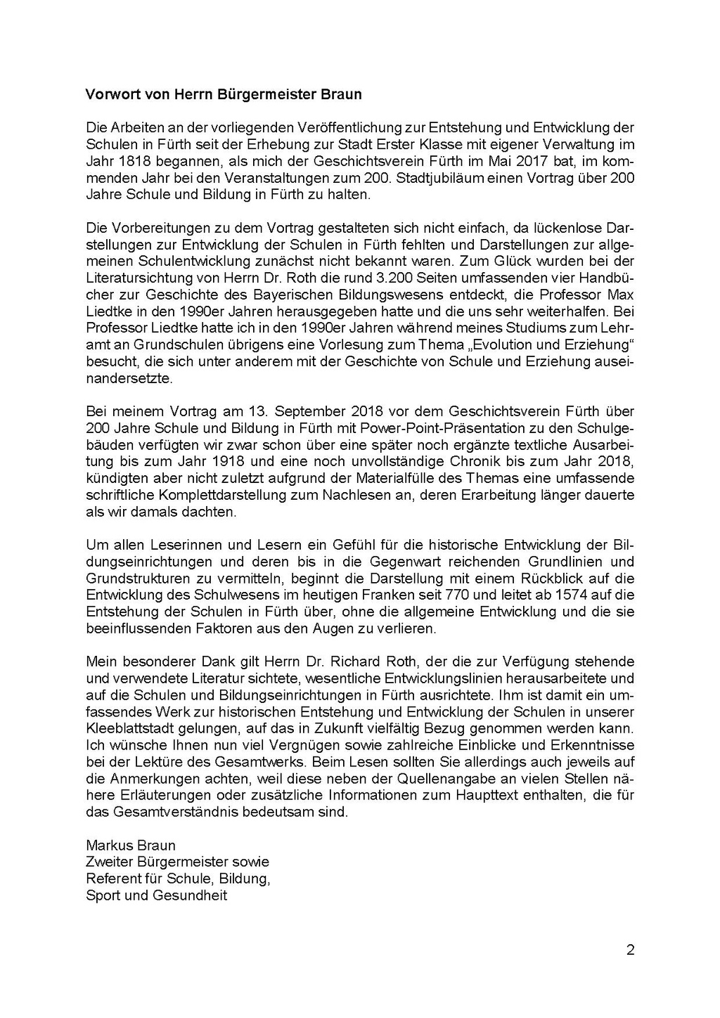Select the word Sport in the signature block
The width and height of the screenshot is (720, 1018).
click(102, 896)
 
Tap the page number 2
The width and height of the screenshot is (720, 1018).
click(630, 951)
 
